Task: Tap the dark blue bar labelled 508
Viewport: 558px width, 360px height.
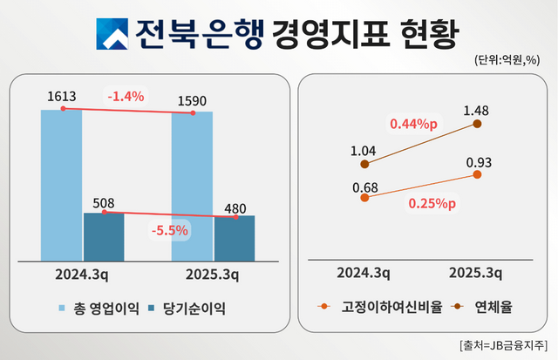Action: click(x=104, y=236)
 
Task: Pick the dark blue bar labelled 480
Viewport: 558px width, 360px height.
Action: click(x=235, y=238)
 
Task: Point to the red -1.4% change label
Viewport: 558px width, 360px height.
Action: click(x=126, y=96)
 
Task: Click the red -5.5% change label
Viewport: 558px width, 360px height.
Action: click(x=170, y=232)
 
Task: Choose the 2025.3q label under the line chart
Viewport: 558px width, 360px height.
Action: click(x=475, y=273)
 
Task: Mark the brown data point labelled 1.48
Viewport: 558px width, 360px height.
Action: click(x=478, y=124)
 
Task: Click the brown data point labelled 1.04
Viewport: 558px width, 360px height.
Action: click(x=364, y=164)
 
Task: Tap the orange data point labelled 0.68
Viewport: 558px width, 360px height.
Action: click(x=364, y=198)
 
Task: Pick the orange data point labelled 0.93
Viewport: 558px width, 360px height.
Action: click(x=478, y=174)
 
